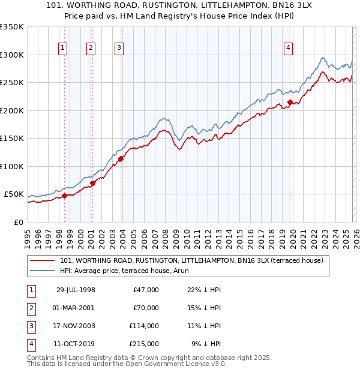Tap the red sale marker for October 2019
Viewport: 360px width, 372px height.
tap(290, 103)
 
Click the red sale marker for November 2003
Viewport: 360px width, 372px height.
tap(121, 158)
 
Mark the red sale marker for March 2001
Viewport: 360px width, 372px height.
tap(92, 183)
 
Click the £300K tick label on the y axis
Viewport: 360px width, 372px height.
tap(12, 55)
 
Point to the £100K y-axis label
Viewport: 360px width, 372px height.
tap(12, 166)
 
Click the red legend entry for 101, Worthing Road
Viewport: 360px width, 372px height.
tap(192, 260)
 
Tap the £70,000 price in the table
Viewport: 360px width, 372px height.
tap(146, 308)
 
